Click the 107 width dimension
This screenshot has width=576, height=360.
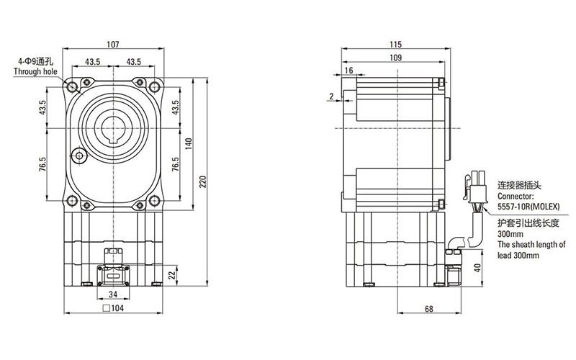point(112,45)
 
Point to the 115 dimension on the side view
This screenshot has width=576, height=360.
point(395,45)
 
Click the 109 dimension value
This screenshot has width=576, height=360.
point(395,57)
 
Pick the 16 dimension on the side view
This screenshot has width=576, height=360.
point(348,70)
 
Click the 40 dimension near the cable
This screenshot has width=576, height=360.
point(477,269)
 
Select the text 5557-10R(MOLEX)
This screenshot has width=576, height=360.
point(524,205)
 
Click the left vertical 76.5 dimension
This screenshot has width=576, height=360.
point(42,164)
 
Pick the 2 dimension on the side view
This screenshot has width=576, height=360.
point(330,96)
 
